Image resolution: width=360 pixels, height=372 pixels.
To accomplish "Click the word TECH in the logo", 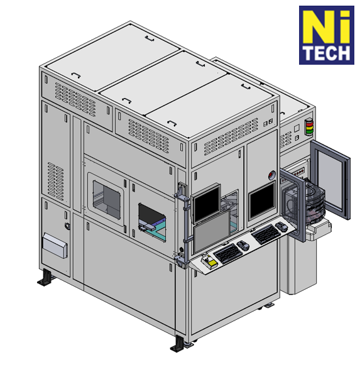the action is [x=327, y=53].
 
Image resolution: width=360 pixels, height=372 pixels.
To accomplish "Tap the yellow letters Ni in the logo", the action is [x=327, y=27].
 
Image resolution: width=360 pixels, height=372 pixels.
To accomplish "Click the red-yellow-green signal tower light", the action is [x=308, y=127].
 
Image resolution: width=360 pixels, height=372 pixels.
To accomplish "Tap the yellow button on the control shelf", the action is [x=212, y=263].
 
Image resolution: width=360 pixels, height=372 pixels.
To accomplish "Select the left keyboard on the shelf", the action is [x=229, y=253].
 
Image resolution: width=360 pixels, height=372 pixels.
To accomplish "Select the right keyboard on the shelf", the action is [x=266, y=234].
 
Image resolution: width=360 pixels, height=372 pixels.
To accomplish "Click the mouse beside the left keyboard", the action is [x=243, y=245].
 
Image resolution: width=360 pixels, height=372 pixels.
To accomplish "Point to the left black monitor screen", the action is [x=206, y=204].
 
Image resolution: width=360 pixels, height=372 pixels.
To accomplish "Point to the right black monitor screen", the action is [x=262, y=200].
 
